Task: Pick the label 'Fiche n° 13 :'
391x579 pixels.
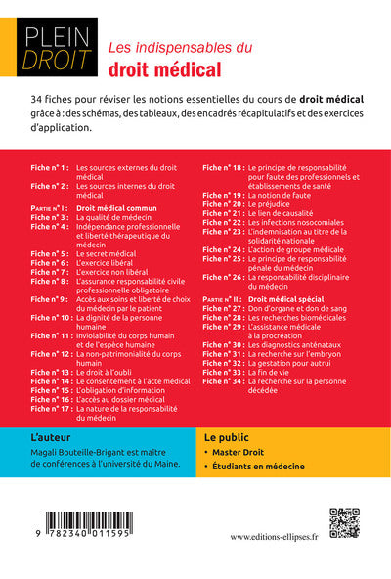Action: point(50,372)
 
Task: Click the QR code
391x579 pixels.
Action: point(344,524)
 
